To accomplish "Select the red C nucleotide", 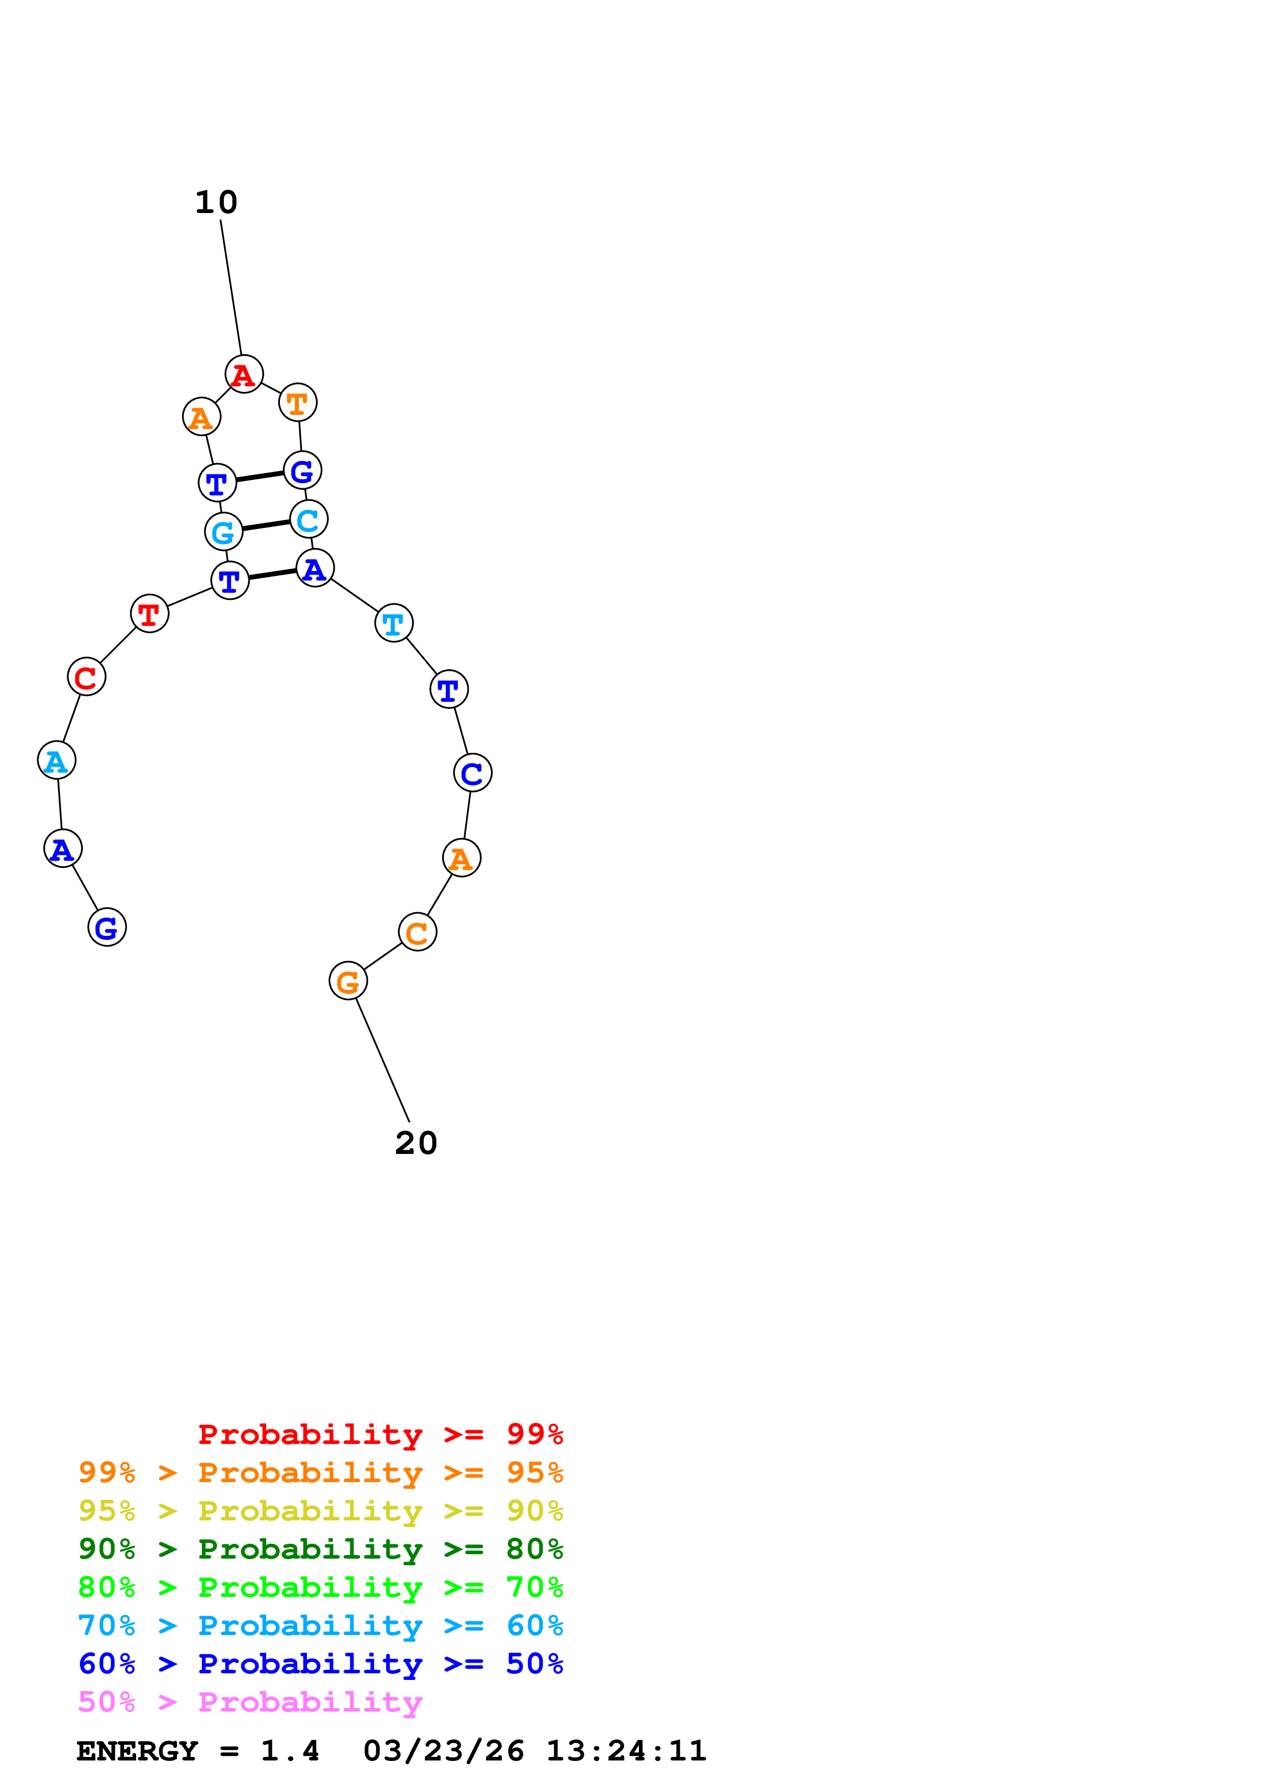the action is [87, 677].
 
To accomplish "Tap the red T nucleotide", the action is [149, 614].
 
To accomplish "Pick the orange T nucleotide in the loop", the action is [297, 403].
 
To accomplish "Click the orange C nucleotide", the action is [418, 932].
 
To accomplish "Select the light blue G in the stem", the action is [223, 532].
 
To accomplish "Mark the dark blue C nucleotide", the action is [473, 773].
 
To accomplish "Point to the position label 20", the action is [416, 1143].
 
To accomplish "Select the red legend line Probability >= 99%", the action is [380, 1434].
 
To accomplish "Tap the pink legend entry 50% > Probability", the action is [249, 1702].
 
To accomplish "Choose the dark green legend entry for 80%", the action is [320, 1549].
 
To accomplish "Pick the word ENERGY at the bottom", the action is [137, 1751].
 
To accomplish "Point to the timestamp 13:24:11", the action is [626, 1751].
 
